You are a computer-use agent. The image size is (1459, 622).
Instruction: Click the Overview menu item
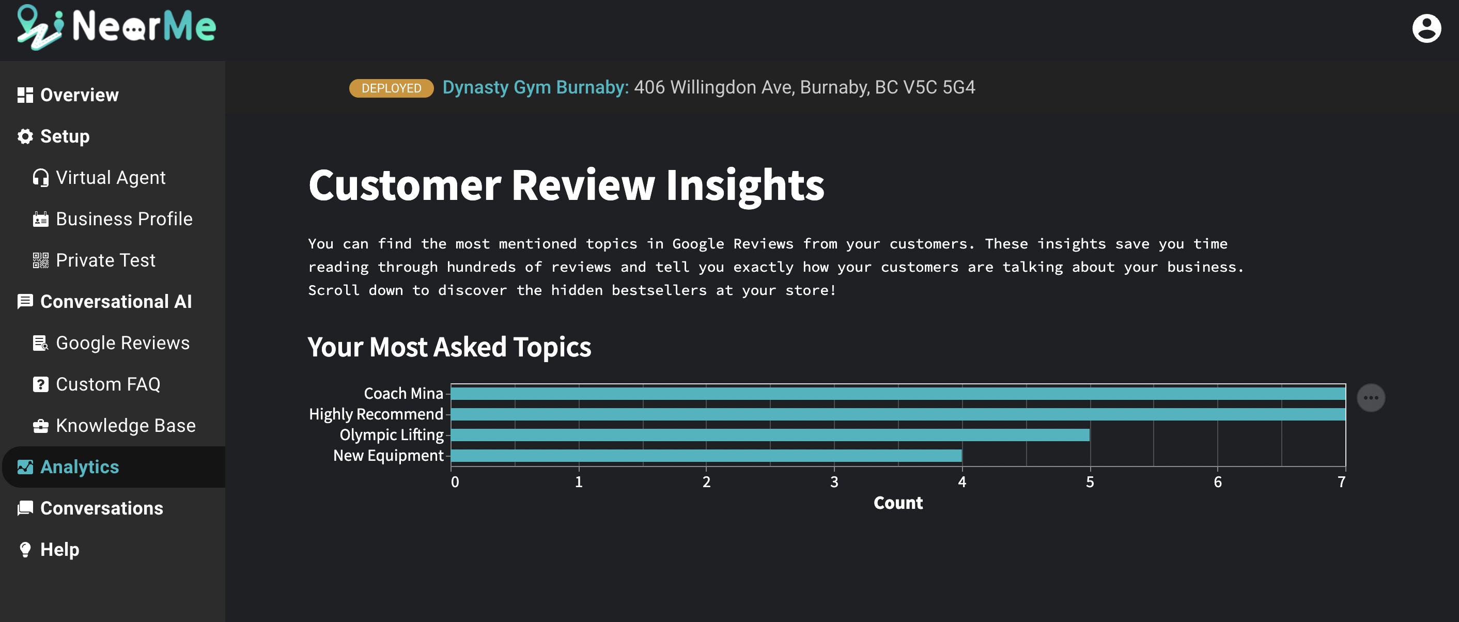(68, 95)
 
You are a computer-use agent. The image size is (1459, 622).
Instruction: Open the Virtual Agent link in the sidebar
(99, 177)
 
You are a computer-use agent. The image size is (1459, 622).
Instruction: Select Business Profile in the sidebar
(113, 219)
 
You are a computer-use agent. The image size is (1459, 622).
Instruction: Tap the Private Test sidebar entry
(94, 260)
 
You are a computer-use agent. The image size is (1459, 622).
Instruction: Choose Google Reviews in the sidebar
(111, 343)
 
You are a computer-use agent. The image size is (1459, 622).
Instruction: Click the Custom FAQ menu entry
(96, 384)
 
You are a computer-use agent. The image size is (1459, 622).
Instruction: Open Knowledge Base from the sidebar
(114, 426)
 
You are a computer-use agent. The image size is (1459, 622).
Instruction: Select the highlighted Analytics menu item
(68, 467)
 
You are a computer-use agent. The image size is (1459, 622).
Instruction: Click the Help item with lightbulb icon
(48, 550)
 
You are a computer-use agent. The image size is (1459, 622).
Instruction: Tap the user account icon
(1426, 28)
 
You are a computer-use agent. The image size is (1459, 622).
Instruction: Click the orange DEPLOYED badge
(392, 88)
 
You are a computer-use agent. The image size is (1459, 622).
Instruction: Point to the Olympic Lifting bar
(770, 434)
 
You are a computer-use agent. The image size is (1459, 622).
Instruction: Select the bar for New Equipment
(706, 456)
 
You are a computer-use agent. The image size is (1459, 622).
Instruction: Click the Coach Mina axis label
(403, 393)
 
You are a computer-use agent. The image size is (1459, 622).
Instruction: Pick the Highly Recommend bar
(898, 414)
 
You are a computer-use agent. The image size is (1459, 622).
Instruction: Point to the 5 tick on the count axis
(1090, 481)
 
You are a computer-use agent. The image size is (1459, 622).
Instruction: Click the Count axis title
(898, 503)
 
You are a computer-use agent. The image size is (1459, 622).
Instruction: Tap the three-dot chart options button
(1371, 398)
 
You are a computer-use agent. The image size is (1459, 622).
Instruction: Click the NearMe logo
(116, 27)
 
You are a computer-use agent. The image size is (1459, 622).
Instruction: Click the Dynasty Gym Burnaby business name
(535, 87)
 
